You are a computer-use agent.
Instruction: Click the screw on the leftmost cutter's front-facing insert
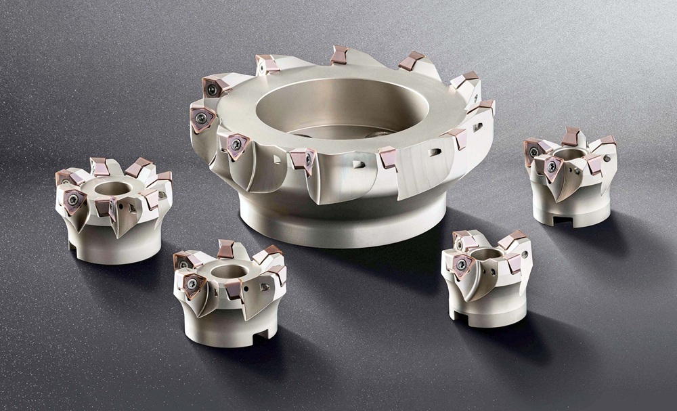pyautogui.click(x=72, y=198)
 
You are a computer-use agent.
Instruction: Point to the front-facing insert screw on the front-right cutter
pyautogui.click(x=462, y=265)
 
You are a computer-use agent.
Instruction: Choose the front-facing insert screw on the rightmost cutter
pyautogui.click(x=552, y=167)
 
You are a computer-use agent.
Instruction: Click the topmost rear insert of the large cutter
pyautogui.click(x=339, y=55)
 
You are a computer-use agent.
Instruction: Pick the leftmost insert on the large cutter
pyautogui.click(x=202, y=119)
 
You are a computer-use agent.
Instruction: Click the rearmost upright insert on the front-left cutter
pyautogui.click(x=225, y=248)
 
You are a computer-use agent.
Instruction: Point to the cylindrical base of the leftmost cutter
pyautogui.click(x=105, y=247)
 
